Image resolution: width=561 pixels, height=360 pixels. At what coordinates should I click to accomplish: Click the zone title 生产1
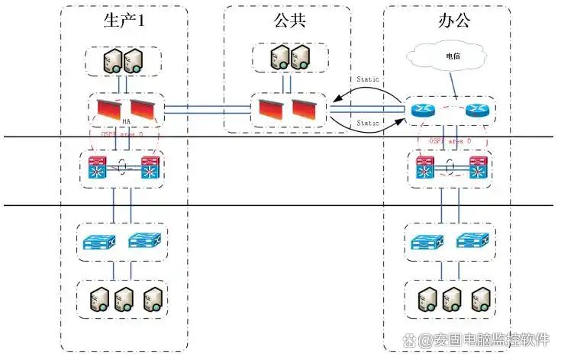pos(124,21)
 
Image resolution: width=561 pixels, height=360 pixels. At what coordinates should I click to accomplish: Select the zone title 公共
pos(289,21)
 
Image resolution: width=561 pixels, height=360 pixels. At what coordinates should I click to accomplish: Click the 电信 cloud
pos(452,57)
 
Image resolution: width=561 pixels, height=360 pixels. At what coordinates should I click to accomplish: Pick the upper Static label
pos(367,80)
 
